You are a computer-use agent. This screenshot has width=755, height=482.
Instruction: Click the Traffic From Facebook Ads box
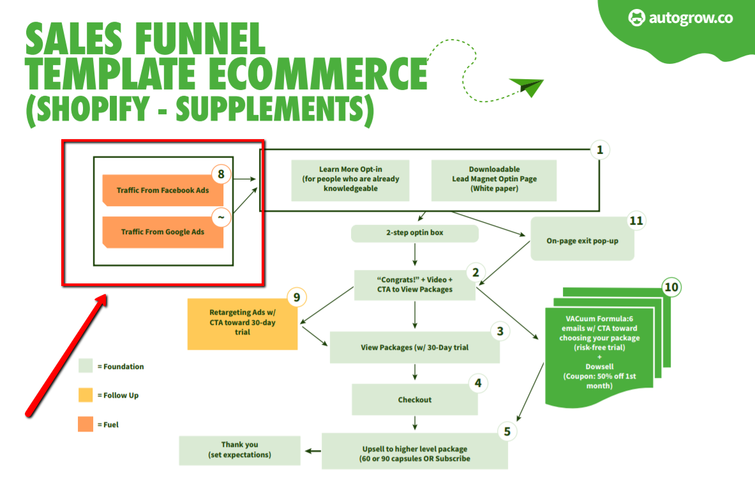coord(163,190)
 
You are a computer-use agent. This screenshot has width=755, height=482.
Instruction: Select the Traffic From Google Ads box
coord(163,232)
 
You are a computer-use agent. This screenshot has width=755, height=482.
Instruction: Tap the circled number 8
coord(221,173)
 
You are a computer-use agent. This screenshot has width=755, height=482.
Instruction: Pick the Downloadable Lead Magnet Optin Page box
coord(494,179)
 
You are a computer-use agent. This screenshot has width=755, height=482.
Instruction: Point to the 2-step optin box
coord(415,233)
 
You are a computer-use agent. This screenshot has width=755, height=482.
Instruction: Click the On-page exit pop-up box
coord(582,241)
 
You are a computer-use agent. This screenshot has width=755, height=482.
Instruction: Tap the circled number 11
coord(636,221)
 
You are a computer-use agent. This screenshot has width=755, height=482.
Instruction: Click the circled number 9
coord(297,297)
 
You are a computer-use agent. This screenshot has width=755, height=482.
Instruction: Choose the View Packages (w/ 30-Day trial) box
coord(415,348)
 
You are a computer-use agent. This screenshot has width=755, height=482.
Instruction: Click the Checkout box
coord(415,400)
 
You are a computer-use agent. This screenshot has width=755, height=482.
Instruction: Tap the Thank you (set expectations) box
coord(239,450)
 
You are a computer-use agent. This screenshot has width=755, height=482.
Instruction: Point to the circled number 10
coord(671,287)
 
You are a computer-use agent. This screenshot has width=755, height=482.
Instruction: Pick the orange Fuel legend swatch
coord(86,424)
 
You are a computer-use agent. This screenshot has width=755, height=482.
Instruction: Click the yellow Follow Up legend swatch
coord(86,395)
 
